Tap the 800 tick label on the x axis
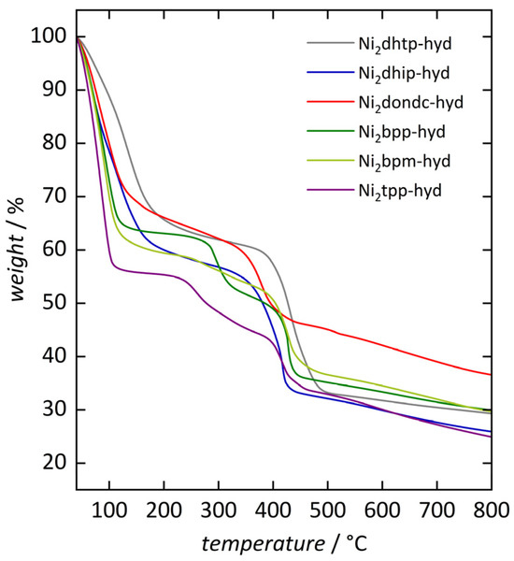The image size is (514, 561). point(490,510)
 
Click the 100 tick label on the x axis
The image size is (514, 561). point(109,510)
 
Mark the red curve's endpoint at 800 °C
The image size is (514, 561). point(491,375)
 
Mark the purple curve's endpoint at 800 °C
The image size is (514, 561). point(491,437)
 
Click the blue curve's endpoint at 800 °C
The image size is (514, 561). point(491,431)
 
